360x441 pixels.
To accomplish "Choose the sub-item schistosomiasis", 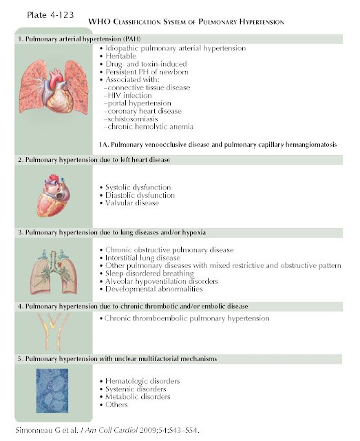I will pos(133,119).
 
